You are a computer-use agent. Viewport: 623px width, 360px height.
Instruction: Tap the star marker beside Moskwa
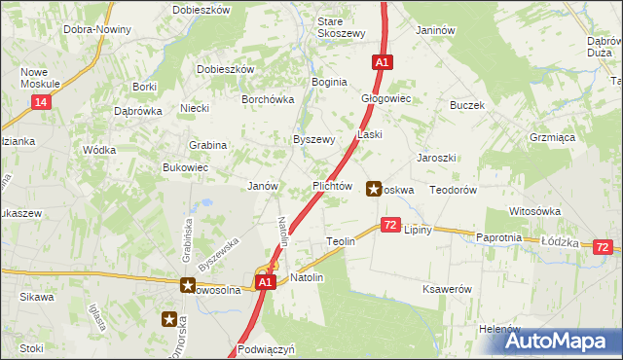click(374, 189)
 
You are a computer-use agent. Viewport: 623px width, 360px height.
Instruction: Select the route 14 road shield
click(40, 101)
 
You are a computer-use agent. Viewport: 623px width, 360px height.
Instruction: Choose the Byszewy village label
click(314, 139)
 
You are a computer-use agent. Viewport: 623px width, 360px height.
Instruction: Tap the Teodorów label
click(453, 191)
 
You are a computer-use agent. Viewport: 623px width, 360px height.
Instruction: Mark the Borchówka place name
click(268, 99)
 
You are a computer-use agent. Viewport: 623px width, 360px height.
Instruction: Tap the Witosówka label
click(534, 211)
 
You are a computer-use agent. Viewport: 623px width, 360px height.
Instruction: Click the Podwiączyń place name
click(265, 347)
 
